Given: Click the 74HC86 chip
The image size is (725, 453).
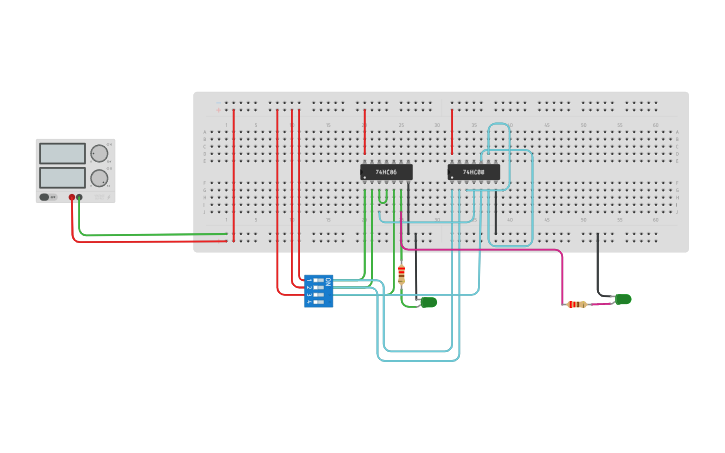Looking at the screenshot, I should [386, 172].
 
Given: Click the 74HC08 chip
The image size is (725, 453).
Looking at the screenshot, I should [473, 172].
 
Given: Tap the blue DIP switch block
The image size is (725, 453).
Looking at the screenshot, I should [319, 290].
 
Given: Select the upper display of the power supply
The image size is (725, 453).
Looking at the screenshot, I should [62, 153].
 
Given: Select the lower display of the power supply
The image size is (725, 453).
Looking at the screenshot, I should [62, 177].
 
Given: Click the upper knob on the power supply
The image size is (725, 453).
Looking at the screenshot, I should [99, 153].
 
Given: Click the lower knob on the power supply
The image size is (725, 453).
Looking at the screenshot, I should [99, 178].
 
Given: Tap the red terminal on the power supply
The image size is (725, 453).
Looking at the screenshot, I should [72, 198].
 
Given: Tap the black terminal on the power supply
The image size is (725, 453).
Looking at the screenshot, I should [80, 198].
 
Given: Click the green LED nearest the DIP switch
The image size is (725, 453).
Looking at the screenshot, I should [428, 302].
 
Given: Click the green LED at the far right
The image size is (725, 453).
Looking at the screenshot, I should [623, 299].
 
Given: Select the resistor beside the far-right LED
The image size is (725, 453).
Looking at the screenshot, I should [577, 304].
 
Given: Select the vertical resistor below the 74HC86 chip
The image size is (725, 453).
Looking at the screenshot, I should [401, 275].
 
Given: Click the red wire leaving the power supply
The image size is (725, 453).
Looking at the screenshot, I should [150, 241].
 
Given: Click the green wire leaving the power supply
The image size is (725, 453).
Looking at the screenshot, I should [150, 235].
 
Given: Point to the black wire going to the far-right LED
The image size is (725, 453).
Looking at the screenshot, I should [599, 265].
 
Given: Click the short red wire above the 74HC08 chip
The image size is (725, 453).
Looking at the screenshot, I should [452, 130].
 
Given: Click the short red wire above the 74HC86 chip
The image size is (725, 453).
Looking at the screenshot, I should [365, 130].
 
